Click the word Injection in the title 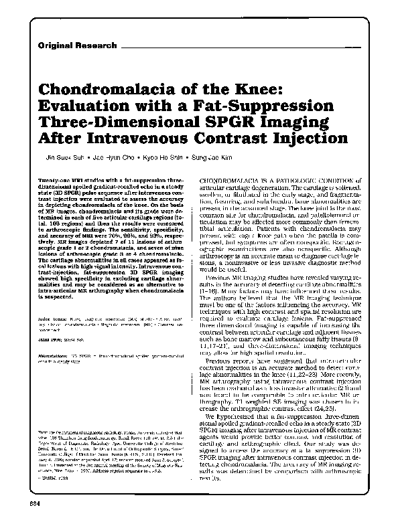(x=307, y=141)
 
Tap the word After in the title (x=70, y=141)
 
